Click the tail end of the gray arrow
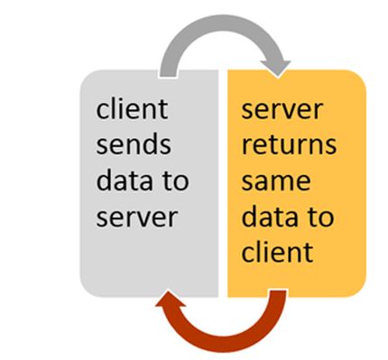[x=168, y=70]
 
